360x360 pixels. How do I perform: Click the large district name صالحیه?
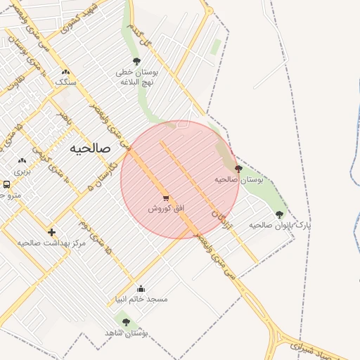point(91,149)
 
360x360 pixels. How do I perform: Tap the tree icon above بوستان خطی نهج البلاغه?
point(136,62)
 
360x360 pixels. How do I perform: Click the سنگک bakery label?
point(66,82)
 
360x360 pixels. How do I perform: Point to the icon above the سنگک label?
point(66,72)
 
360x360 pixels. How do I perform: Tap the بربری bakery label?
point(22,171)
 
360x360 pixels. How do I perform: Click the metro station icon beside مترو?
point(6,184)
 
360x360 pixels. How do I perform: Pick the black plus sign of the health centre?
point(51,232)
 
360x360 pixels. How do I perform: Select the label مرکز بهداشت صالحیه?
point(51,243)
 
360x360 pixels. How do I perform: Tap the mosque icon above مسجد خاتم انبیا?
point(141,288)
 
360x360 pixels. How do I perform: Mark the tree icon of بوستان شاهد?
point(126,322)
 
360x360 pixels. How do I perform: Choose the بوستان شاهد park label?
point(124,332)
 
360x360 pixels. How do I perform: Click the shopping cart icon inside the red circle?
point(166,198)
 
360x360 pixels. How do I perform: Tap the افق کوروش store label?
point(165,209)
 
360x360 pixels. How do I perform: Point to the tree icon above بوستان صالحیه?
point(238,169)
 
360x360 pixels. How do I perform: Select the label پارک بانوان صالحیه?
point(279,225)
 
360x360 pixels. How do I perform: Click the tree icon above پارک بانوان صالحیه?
point(279,214)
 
